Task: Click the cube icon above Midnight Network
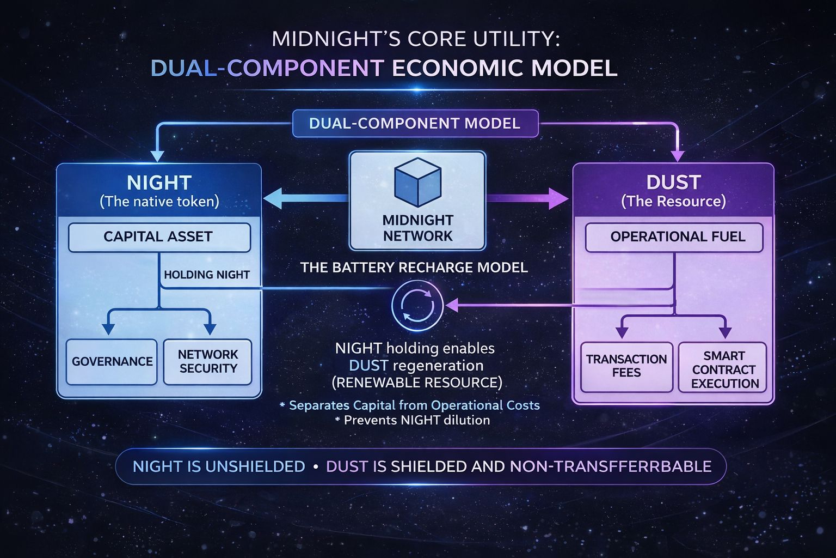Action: [x=417, y=182]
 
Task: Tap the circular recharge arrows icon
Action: [x=417, y=306]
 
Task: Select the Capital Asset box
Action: [x=159, y=237]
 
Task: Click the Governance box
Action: [x=112, y=362]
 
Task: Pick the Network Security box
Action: [x=208, y=362]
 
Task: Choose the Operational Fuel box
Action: [x=674, y=237]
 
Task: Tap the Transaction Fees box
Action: [x=626, y=366]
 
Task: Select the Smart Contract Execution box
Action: [x=723, y=369]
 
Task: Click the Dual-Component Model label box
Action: [x=415, y=123]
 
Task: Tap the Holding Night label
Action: [x=207, y=275]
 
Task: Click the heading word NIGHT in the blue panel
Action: [x=159, y=182]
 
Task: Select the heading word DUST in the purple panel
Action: [x=673, y=182]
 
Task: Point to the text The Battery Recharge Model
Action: [x=414, y=268]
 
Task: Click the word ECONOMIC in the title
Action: [x=457, y=69]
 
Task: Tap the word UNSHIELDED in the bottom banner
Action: [x=255, y=466]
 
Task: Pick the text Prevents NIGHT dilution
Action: [x=416, y=420]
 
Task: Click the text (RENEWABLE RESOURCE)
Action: [x=417, y=383]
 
